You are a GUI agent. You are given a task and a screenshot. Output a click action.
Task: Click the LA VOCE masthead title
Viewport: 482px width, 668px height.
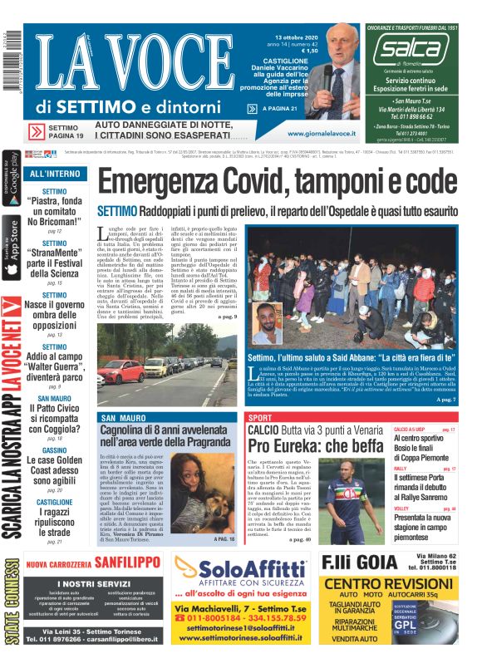125,66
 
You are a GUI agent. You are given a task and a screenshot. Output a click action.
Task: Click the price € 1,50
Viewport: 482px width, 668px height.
308,52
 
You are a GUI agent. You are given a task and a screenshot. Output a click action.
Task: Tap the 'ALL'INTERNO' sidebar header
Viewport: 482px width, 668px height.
55,174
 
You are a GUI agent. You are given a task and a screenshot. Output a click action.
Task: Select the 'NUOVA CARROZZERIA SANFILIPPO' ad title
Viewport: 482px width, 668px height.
95,565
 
